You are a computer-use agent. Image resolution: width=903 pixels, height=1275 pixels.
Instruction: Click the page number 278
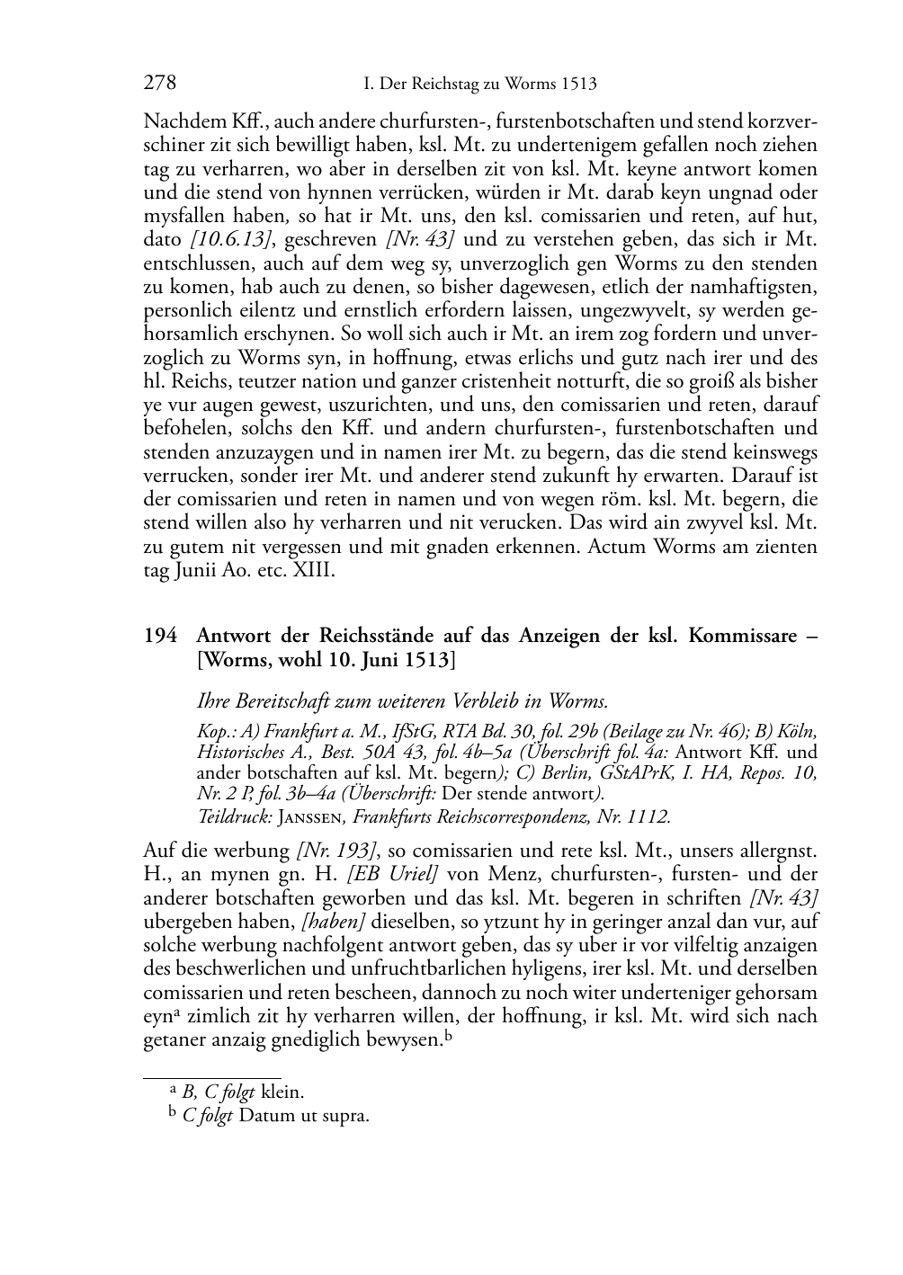tap(159, 84)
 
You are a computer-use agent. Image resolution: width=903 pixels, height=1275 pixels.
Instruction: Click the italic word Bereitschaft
tap(289, 700)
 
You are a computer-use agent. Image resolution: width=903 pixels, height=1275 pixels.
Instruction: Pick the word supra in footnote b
tap(350, 1116)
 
